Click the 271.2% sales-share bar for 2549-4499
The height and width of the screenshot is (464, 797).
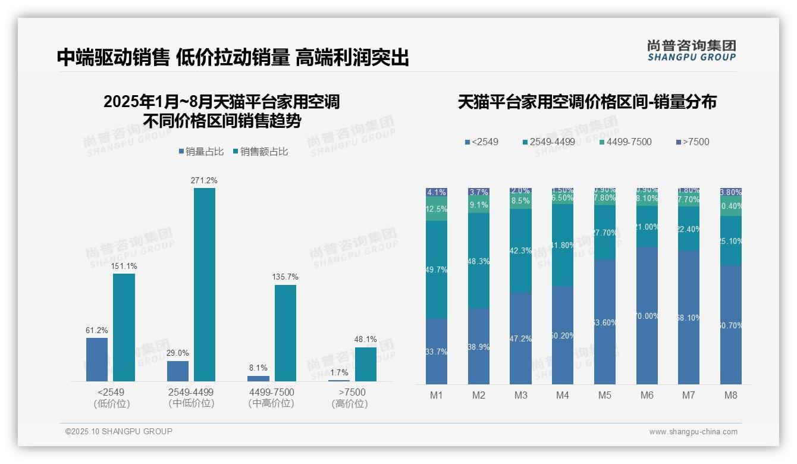point(205,284)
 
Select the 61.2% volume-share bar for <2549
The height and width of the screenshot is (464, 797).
point(97,359)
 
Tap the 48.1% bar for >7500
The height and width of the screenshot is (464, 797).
point(366,364)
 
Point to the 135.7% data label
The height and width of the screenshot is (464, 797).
point(285,277)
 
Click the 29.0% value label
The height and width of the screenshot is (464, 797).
point(177,353)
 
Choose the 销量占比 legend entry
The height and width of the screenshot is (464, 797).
point(201,152)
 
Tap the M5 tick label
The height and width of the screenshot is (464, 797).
point(605,396)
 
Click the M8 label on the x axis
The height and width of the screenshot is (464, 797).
point(731,396)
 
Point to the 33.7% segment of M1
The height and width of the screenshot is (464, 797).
point(437,351)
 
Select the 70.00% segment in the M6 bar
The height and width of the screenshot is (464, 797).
point(647,315)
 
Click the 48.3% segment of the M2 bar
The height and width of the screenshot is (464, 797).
point(479,261)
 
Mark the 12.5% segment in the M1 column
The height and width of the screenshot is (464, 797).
point(437,209)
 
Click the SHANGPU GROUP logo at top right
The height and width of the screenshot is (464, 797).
point(691,51)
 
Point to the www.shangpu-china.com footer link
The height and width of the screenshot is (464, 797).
point(693,432)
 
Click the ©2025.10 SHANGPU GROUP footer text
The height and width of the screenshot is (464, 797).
point(119,432)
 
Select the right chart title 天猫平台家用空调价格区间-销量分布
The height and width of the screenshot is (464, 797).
point(587,102)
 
